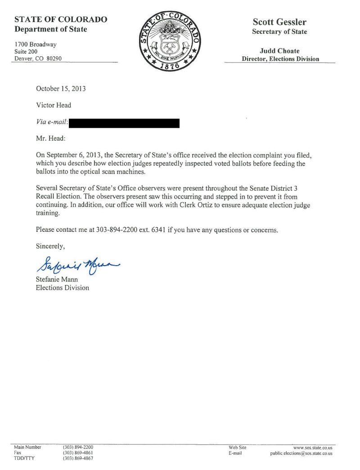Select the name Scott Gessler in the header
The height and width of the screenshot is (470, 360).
[x=279, y=22]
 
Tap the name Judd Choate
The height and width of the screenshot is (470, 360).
[x=279, y=51]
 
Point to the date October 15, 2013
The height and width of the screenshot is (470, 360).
[x=61, y=89]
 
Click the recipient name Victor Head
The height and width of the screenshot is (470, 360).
[x=54, y=105]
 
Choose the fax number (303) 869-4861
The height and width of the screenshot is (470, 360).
[x=78, y=453]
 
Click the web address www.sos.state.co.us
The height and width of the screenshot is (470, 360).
[x=312, y=447]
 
